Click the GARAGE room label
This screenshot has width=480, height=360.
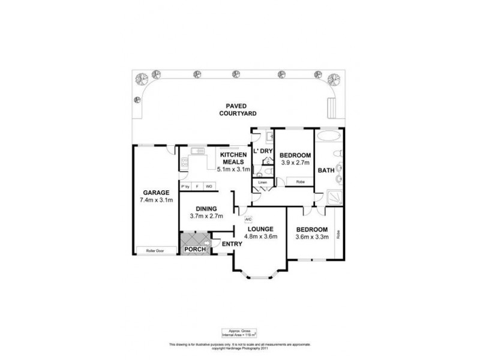click(153, 193)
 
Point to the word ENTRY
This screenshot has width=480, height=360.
click(232, 244)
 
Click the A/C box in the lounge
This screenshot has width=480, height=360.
click(247, 219)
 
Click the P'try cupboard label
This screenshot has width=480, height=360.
click(185, 187)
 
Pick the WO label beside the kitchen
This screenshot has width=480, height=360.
click(209, 187)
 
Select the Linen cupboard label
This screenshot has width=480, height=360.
click(262, 182)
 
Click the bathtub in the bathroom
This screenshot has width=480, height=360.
click(328, 135)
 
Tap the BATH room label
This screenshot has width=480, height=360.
click(326, 171)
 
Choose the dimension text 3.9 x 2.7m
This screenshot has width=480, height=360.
click(295, 163)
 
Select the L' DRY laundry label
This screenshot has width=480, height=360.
click(263, 151)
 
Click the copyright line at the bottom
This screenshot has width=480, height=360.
click(240, 349)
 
